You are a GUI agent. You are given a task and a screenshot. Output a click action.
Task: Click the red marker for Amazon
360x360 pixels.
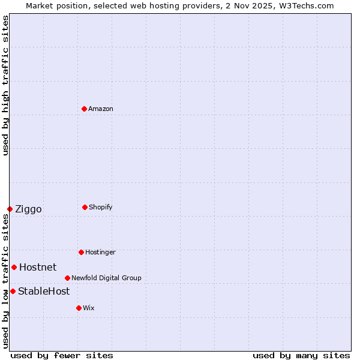click(85, 109)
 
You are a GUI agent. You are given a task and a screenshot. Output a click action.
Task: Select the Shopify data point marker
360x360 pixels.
click(85, 207)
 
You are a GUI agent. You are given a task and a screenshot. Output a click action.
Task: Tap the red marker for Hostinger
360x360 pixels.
click(81, 252)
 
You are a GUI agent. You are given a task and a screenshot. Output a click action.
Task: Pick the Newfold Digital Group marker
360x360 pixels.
click(67, 278)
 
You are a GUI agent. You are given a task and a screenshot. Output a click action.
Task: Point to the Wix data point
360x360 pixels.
click(79, 308)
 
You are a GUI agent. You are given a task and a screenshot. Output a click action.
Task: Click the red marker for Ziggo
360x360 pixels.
click(10, 209)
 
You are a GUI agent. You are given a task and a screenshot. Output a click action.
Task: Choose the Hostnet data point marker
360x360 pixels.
click(14, 267)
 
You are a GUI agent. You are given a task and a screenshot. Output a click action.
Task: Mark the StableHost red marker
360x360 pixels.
click(13, 291)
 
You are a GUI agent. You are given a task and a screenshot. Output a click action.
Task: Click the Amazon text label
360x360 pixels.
click(101, 109)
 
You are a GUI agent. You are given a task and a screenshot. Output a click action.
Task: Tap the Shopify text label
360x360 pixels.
click(101, 207)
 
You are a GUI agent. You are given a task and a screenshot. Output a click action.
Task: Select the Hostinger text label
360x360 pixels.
click(100, 252)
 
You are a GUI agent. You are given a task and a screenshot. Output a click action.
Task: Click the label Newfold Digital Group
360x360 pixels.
click(106, 278)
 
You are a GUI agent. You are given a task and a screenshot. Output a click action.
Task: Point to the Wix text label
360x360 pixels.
click(89, 308)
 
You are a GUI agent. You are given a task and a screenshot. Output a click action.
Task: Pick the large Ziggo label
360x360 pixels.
click(28, 209)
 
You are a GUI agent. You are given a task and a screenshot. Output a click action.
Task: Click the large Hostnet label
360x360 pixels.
click(38, 267)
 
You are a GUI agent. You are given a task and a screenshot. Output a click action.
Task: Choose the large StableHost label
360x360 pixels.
click(44, 291)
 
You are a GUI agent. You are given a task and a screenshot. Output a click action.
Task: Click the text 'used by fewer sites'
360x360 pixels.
click(62, 355)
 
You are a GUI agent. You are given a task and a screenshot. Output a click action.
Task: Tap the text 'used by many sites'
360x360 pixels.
click(301, 355)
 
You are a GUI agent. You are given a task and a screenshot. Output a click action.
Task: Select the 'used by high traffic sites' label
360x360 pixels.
click(5, 85)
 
